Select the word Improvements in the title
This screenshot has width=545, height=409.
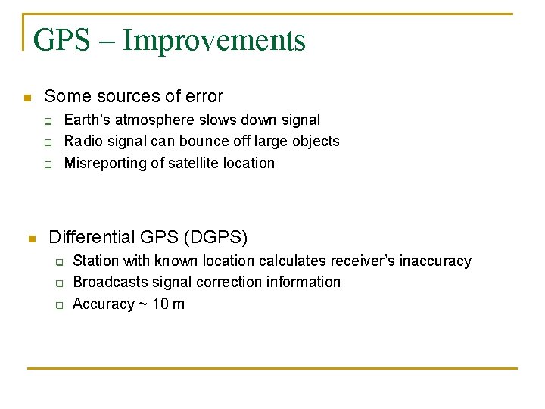tap(214, 40)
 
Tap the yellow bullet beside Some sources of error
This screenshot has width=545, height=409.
tap(26, 98)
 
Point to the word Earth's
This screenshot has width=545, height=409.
tap(87, 120)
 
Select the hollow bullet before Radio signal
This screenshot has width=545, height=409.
tap(47, 142)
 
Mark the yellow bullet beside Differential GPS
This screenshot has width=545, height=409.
tap(31, 239)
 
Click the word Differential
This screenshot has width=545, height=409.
tap(92, 237)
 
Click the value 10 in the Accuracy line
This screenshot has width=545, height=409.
tap(157, 304)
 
